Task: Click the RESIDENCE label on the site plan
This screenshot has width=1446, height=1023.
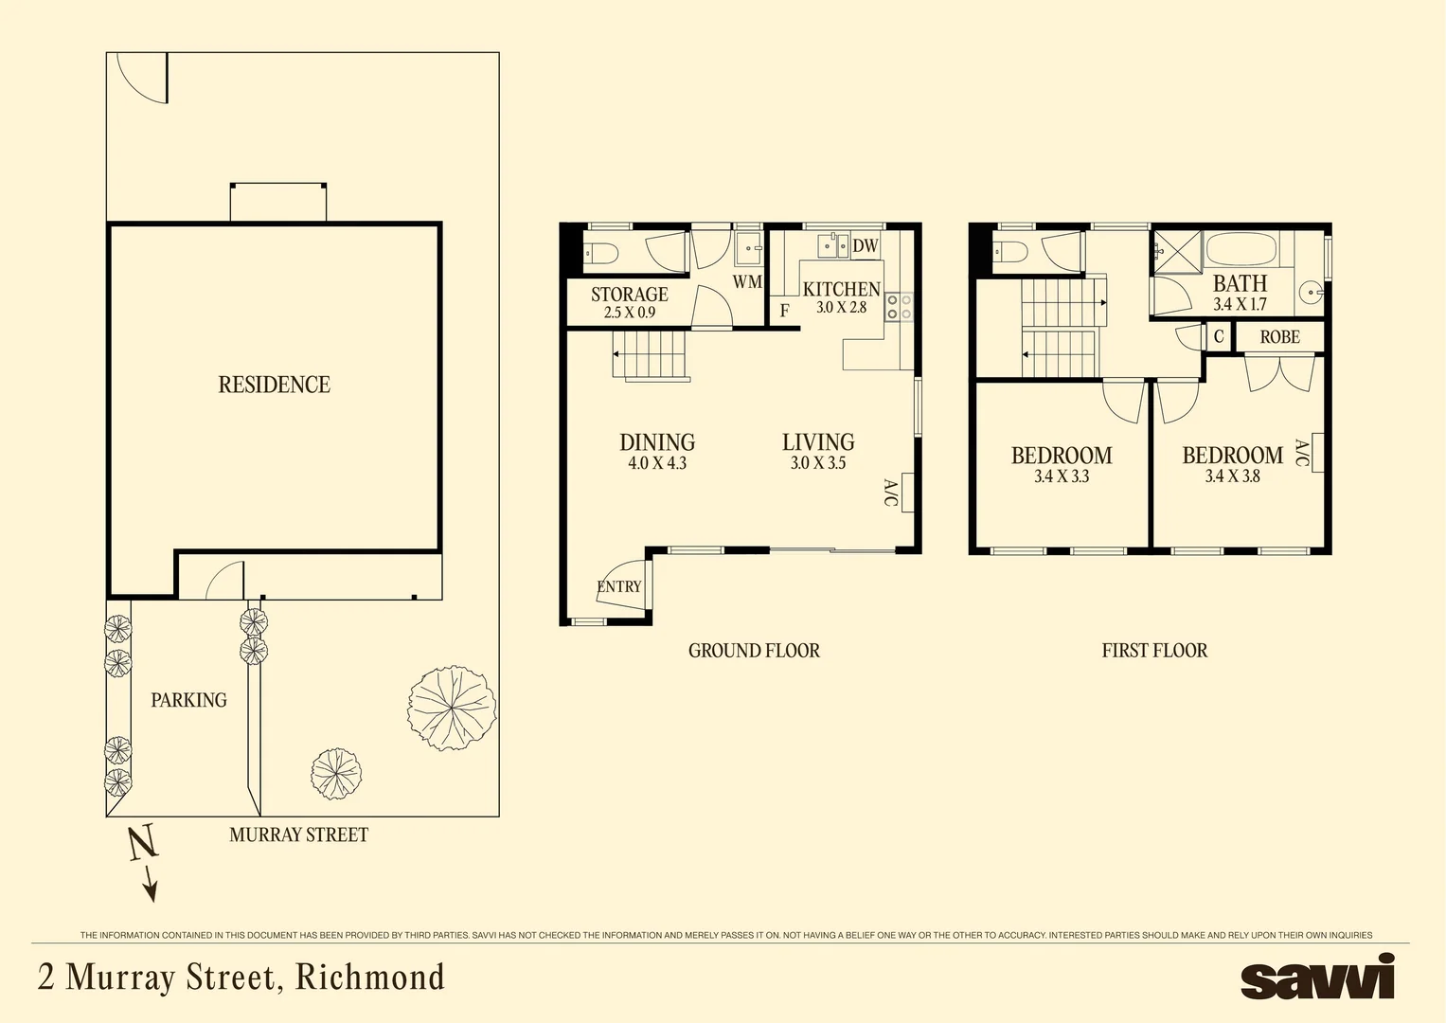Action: point(274,385)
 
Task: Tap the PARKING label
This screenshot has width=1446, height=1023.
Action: point(188,700)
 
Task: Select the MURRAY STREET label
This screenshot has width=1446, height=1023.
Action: point(298,835)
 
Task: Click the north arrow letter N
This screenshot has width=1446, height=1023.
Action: point(141,842)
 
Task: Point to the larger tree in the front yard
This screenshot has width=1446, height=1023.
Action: point(452,707)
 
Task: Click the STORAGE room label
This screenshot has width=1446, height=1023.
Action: point(629,295)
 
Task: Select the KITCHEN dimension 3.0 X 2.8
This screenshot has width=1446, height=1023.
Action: point(841,308)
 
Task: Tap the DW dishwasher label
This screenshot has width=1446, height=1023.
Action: point(866,246)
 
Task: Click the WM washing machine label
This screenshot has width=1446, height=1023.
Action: point(747,281)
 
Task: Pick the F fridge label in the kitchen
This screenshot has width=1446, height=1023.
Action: point(784,311)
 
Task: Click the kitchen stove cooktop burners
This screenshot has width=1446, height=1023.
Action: point(899,306)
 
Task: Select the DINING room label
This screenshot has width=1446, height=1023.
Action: point(657,442)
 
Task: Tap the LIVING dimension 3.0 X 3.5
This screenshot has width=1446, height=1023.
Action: point(818,463)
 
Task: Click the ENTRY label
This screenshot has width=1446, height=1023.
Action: point(619,586)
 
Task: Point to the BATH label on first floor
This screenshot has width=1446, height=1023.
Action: point(1240,283)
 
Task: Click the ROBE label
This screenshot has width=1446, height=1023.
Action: point(1279,337)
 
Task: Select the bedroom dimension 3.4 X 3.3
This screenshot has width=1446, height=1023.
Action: point(1062,476)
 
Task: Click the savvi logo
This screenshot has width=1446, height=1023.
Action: point(1317,977)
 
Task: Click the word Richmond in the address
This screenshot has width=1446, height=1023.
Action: point(370,977)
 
